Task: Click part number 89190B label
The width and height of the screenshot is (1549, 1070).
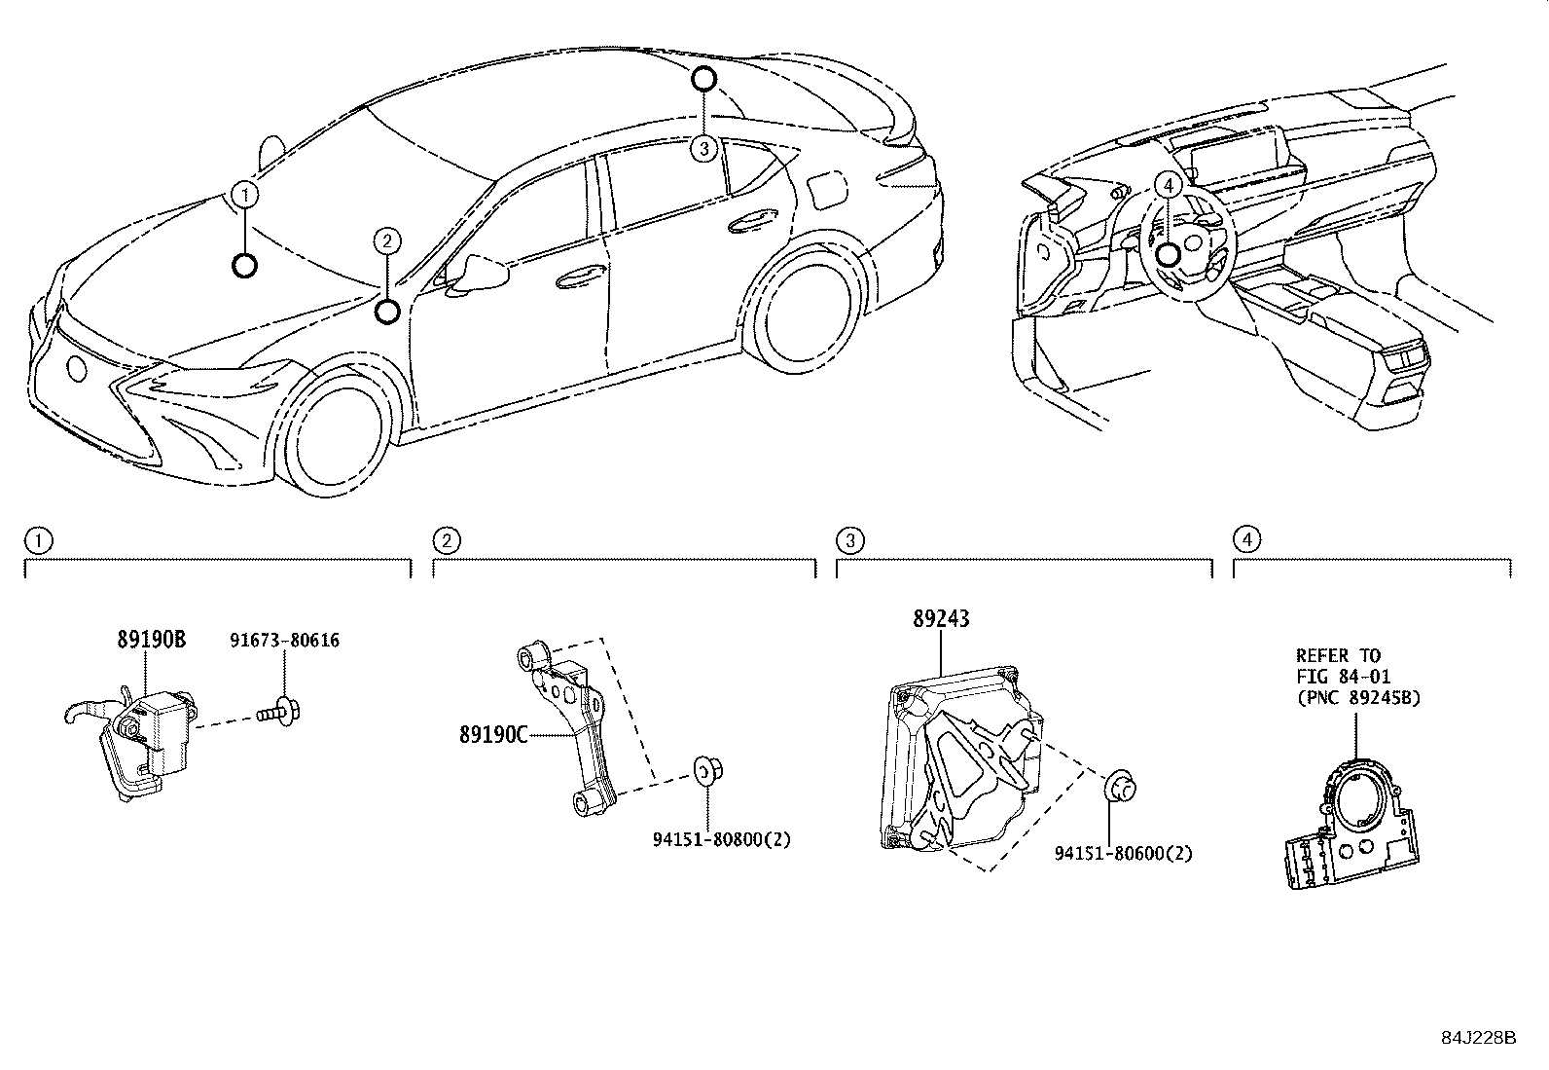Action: (x=151, y=640)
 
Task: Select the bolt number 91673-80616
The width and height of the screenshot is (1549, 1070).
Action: (x=284, y=640)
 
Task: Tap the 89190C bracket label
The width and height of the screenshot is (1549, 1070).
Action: (x=493, y=734)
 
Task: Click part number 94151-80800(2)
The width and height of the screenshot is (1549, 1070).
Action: (x=721, y=838)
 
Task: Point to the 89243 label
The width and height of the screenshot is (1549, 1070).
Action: (x=941, y=619)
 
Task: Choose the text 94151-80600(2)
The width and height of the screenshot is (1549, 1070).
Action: (x=1123, y=853)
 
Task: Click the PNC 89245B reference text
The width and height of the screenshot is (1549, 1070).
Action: (x=1358, y=696)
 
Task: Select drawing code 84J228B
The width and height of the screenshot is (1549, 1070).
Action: (x=1479, y=1037)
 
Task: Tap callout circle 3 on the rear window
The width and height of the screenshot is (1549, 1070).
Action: (x=703, y=149)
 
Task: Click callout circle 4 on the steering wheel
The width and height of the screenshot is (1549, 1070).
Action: (x=1168, y=184)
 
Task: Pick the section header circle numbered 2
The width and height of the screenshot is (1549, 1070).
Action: (x=445, y=539)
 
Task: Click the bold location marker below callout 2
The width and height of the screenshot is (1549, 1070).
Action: (x=387, y=312)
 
